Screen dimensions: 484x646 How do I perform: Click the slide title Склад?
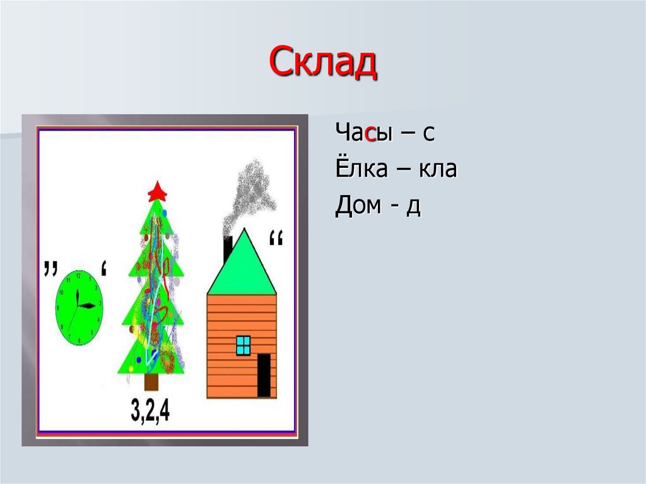[322, 63]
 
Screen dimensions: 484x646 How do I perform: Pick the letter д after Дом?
[413, 207]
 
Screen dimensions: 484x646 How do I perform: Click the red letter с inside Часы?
[370, 134]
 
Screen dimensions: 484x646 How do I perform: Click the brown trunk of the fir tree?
[152, 381]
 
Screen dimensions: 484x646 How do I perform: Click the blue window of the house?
[243, 345]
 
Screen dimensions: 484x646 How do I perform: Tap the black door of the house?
[264, 375]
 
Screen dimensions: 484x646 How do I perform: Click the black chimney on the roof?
[228, 249]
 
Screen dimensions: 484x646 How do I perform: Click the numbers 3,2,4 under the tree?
[150, 411]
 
